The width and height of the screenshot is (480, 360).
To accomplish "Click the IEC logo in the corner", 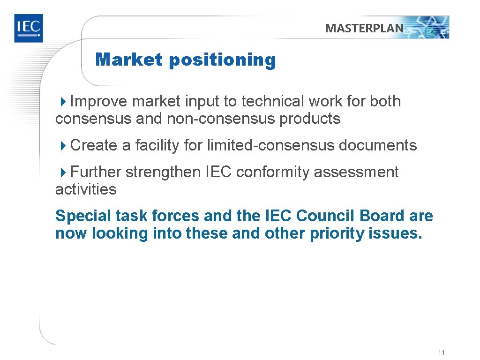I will click(x=28, y=28).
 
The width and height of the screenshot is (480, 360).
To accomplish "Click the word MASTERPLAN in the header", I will click(x=364, y=28).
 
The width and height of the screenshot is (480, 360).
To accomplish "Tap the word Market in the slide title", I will click(x=129, y=60).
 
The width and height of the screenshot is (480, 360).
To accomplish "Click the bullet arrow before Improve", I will click(x=64, y=101).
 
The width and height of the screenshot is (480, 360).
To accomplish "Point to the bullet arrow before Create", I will click(x=64, y=145).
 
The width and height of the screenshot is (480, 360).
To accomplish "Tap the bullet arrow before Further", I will click(x=64, y=172).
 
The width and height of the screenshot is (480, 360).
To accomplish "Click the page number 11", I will click(x=441, y=352).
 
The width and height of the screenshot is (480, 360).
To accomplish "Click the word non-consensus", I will click(x=221, y=119).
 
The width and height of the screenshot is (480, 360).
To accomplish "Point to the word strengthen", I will click(x=164, y=172).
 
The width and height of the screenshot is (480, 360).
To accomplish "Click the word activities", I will click(x=86, y=189).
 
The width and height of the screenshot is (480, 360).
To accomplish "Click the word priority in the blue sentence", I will click(x=338, y=233).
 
